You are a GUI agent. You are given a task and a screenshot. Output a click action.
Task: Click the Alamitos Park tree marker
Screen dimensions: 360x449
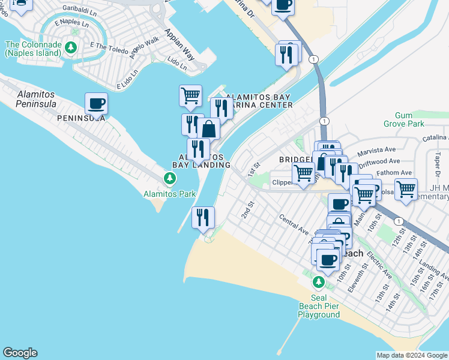tap(170, 178)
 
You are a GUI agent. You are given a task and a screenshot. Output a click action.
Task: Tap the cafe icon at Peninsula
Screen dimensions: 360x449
tap(96, 104)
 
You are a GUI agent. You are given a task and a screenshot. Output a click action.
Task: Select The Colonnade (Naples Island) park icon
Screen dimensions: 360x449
tap(71, 46)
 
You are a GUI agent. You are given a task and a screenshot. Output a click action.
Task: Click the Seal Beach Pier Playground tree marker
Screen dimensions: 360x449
tap(319, 281)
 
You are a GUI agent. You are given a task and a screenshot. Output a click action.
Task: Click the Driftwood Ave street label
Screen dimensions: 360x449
tap(380, 161)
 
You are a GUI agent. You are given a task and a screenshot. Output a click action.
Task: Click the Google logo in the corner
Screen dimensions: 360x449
tap(20, 353)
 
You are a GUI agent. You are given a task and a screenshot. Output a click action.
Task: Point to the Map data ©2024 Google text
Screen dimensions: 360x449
tap(412, 355)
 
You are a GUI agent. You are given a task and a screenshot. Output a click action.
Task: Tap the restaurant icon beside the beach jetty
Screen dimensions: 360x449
tap(203, 217)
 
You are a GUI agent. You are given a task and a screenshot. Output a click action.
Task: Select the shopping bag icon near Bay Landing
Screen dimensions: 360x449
tap(208, 129)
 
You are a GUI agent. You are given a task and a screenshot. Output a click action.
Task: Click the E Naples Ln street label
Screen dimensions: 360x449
tap(66, 23)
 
